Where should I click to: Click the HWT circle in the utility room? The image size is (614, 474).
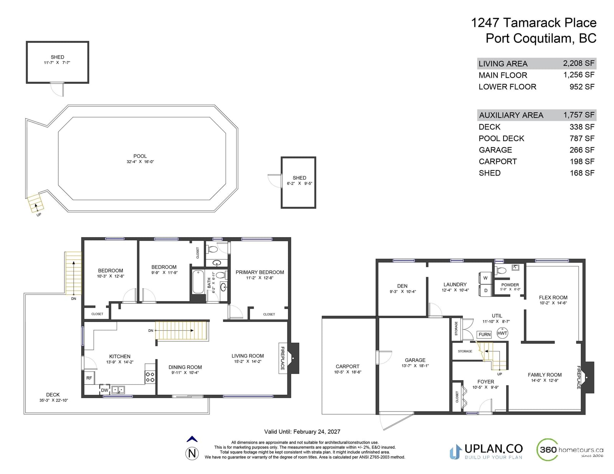click(502, 333)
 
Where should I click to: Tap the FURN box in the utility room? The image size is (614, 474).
click(484, 335)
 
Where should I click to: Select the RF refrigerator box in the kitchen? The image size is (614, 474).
click(89, 378)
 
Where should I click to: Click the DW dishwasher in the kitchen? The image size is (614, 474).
click(104, 390)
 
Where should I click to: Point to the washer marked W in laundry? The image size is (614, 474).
click(485, 278)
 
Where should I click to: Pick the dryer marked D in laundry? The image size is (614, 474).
click(485, 290)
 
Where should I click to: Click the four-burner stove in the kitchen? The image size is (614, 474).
click(150, 377)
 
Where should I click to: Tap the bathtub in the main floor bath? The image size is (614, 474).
click(198, 282)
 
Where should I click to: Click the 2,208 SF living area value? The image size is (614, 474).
click(579, 63)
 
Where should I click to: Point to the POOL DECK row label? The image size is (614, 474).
click(501, 139)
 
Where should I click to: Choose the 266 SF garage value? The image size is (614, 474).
click(582, 150)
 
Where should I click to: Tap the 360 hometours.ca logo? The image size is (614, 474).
click(570, 450)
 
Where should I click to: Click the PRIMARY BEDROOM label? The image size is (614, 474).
click(260, 272)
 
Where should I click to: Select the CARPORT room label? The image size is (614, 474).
click(347, 366)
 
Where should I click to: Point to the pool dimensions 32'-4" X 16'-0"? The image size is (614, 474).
click(140, 162)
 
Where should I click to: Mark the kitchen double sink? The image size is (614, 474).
click(118, 390)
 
